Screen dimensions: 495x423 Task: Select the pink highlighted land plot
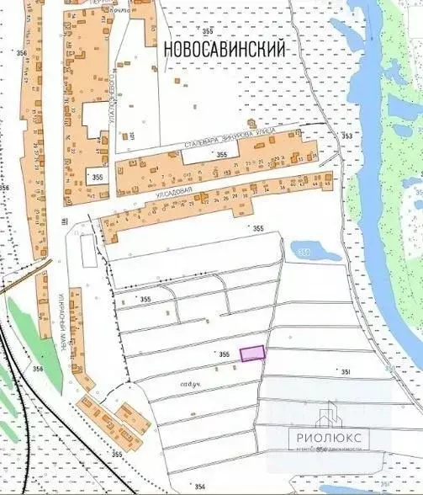[252, 354]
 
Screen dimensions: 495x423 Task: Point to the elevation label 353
[347, 136]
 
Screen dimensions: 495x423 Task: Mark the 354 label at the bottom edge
[200, 487]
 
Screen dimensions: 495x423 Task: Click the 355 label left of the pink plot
[223, 355]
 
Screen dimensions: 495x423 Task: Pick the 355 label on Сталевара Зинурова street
[220, 156]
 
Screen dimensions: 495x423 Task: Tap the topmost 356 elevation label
[20, 53]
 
